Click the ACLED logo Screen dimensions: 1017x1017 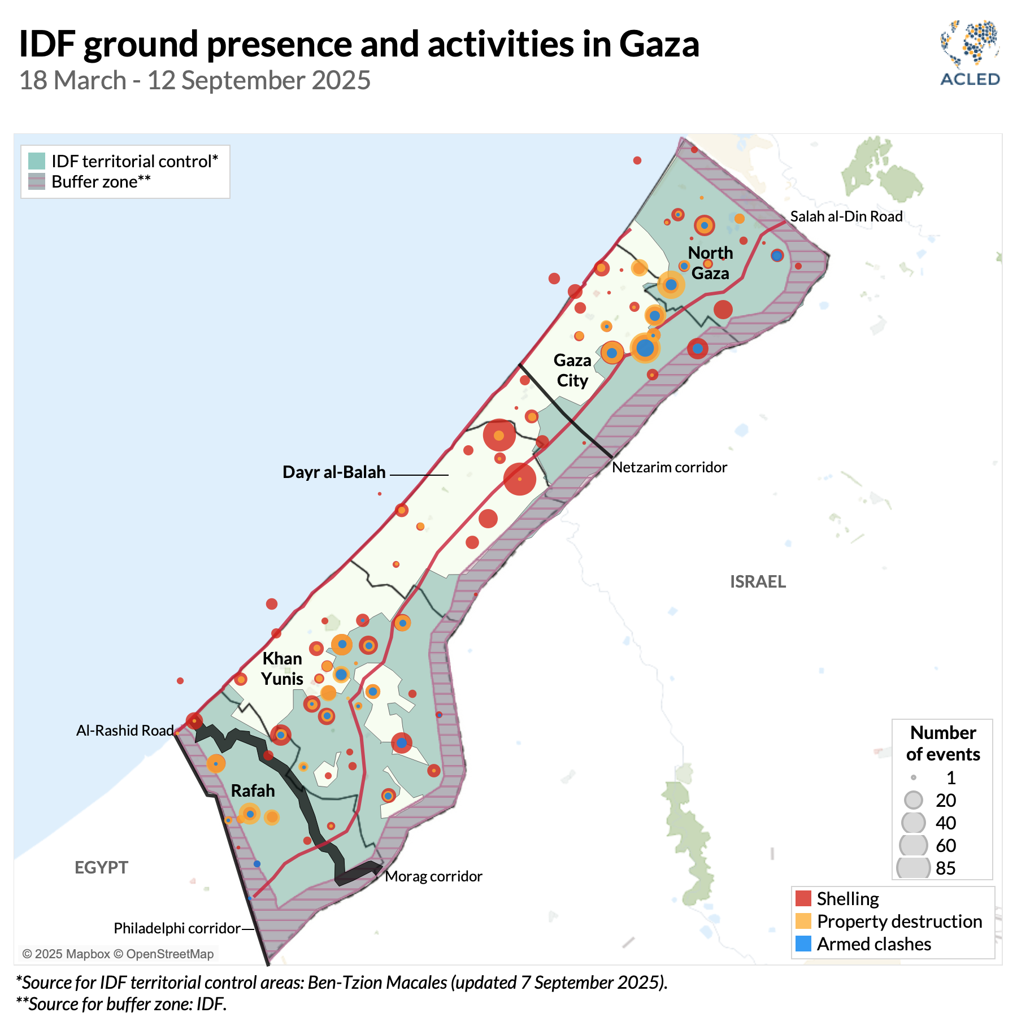970,54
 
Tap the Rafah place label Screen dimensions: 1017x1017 253,790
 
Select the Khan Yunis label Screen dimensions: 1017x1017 282,668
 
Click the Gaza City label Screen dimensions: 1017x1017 572,370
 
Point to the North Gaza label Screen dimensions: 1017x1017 710,263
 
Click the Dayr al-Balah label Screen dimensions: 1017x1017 334,472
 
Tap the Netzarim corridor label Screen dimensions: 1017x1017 670,467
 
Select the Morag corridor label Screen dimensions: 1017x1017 433,876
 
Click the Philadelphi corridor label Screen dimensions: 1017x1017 177,928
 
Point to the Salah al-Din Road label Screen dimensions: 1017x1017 846,216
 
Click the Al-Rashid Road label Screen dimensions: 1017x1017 125,731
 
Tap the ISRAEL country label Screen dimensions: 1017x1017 758,581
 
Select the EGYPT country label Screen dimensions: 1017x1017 101,867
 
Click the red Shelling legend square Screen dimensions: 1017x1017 803,898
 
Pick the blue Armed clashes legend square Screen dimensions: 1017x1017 803,944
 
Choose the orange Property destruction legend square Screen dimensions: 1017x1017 803,921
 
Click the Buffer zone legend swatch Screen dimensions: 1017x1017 37,182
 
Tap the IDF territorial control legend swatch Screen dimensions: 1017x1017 37,161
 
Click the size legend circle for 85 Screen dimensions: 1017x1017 913,868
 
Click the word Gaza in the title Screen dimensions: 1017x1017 659,44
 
